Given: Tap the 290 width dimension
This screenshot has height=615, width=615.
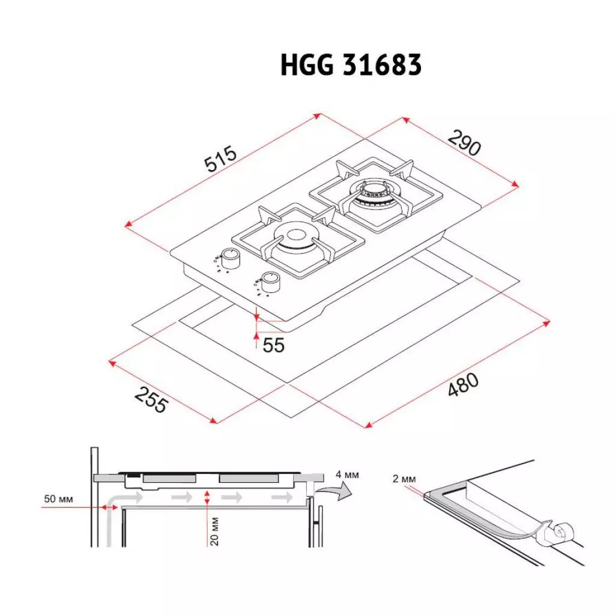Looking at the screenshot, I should pyautogui.click(x=464, y=142).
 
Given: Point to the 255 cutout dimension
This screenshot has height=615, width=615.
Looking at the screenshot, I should pyautogui.click(x=150, y=400).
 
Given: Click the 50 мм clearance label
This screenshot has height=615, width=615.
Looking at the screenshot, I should pyautogui.click(x=58, y=499).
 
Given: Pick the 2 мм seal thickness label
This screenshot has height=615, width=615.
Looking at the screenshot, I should pyautogui.click(x=404, y=479).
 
